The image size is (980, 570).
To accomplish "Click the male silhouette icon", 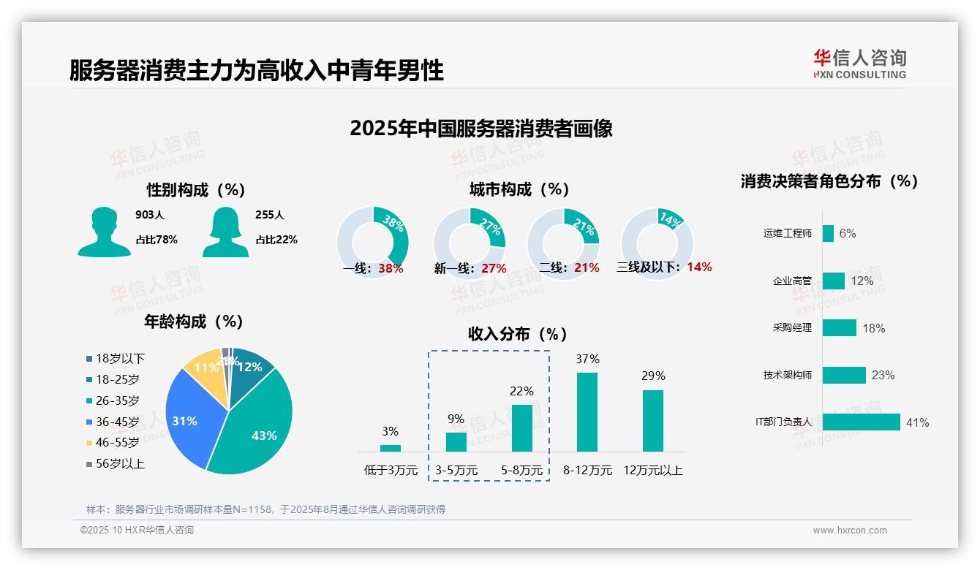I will (x=105, y=232).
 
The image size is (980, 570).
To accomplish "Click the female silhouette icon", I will (x=225, y=232).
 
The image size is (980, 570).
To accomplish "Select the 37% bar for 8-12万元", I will (x=587, y=412).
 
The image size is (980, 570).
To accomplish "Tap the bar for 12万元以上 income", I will (x=653, y=421).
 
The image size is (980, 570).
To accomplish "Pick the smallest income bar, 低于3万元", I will (x=391, y=448).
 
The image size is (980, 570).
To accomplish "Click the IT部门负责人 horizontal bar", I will (x=861, y=422).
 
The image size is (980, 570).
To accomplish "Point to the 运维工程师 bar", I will (x=828, y=233).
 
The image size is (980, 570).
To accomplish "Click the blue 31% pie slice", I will (x=189, y=417).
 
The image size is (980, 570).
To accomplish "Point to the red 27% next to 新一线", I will (x=494, y=268).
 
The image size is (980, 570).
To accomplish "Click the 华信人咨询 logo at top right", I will (x=859, y=64).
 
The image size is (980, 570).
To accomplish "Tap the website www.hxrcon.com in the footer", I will (x=850, y=531).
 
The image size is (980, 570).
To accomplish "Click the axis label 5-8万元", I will (x=522, y=471).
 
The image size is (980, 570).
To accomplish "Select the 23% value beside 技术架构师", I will (x=883, y=376).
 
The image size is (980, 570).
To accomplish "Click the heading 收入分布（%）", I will (x=518, y=334).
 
